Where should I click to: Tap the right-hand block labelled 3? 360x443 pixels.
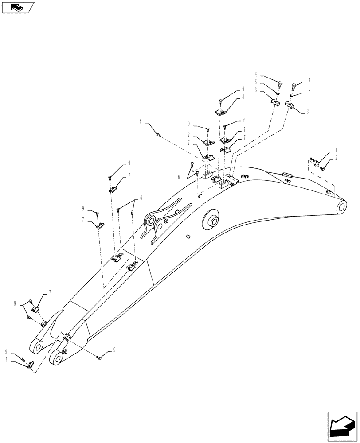(x=290, y=106)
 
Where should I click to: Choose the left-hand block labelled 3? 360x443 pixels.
(x=274, y=103)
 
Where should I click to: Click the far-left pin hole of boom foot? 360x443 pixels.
(x=35, y=346)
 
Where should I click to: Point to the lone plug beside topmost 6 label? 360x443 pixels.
(x=158, y=133)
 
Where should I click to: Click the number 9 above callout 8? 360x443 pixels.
(x=243, y=89)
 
